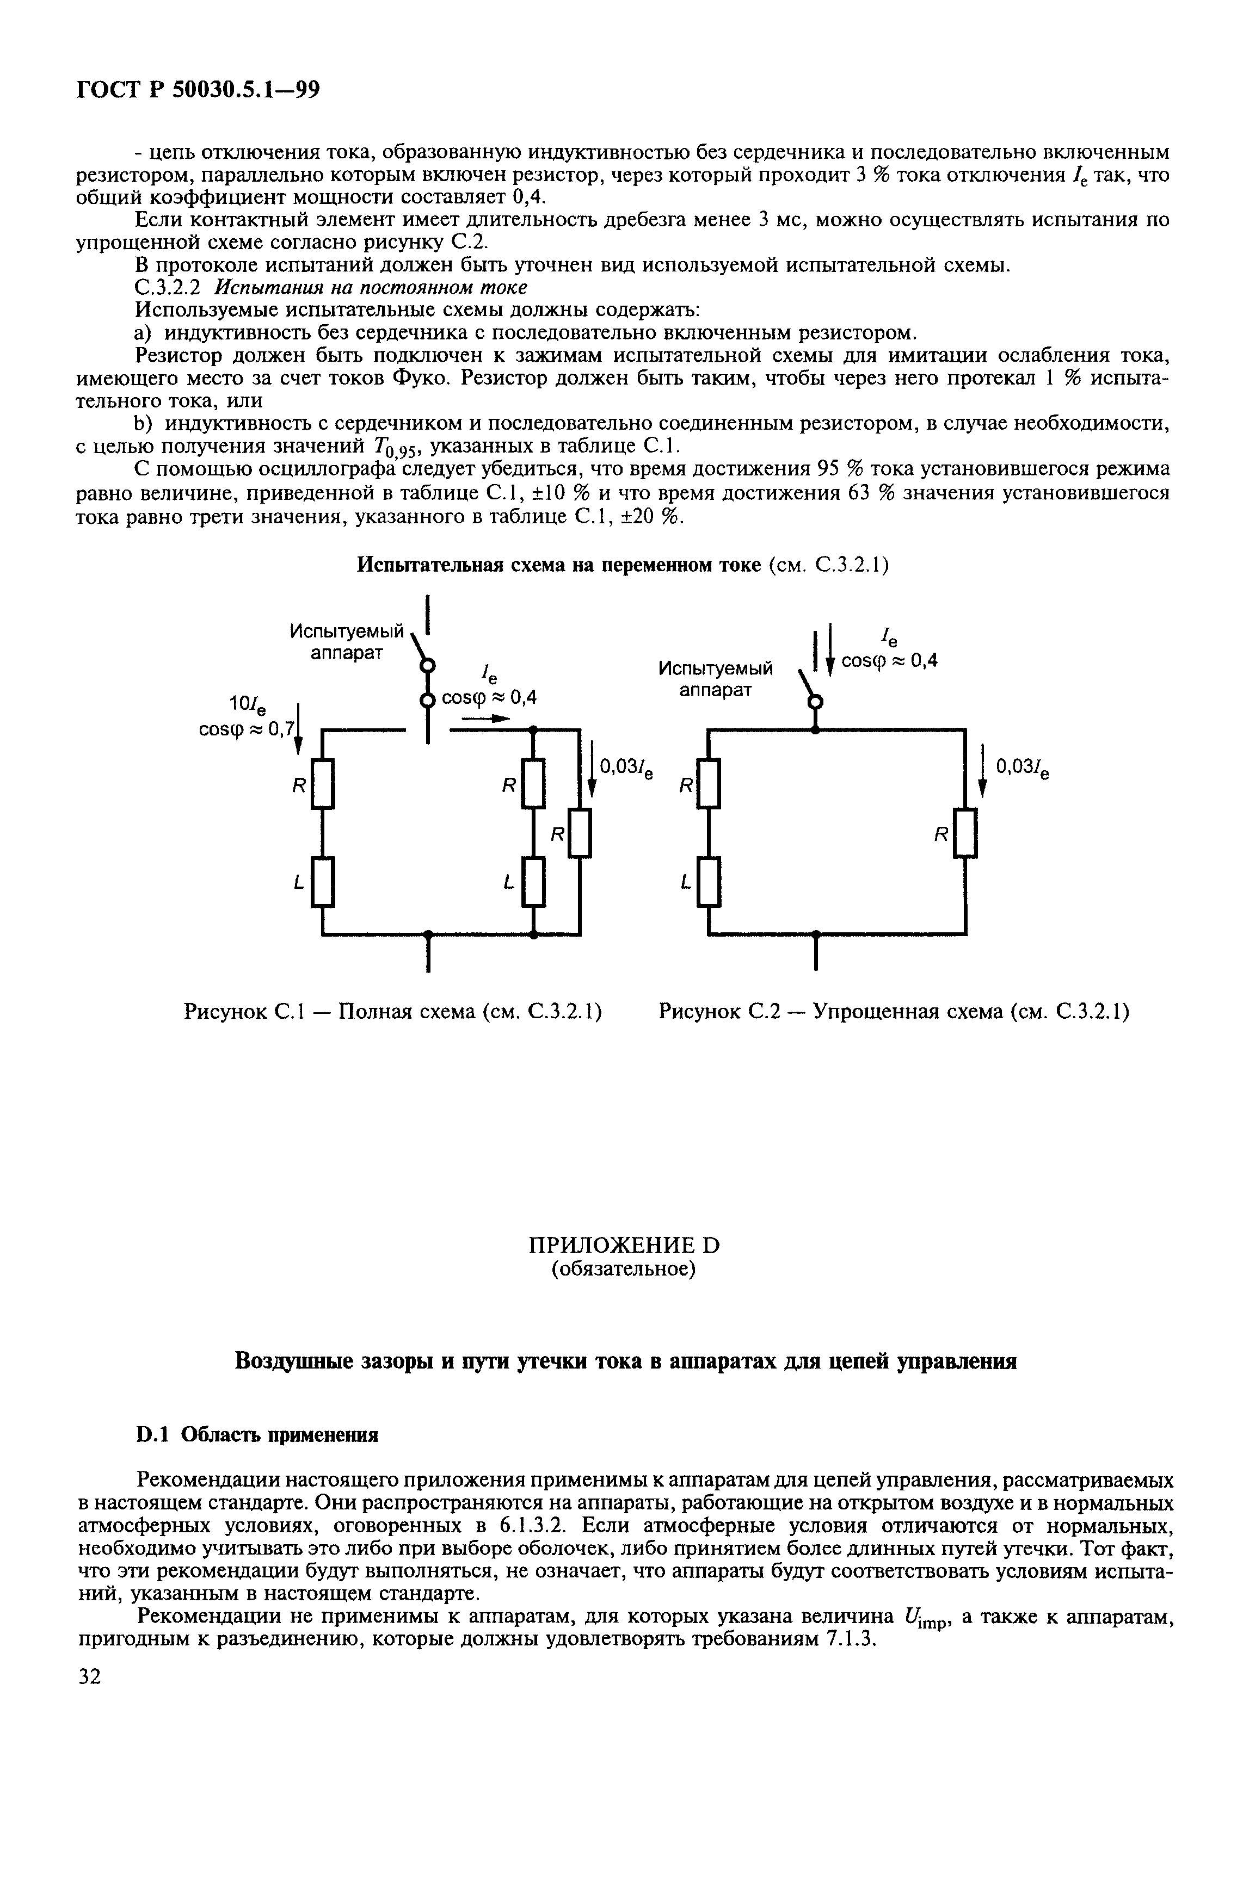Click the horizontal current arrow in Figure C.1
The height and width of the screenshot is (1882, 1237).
pyautogui.click(x=483, y=719)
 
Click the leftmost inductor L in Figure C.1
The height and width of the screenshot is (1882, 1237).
pyautogui.click(x=323, y=882)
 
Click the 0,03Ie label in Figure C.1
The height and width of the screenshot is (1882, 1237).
pyautogui.click(x=627, y=768)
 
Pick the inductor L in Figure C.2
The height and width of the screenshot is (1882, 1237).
pyautogui.click(x=709, y=882)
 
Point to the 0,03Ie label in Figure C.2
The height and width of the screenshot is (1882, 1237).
pyautogui.click(x=1023, y=768)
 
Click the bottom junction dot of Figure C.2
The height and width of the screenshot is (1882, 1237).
pyautogui.click(x=815, y=934)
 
